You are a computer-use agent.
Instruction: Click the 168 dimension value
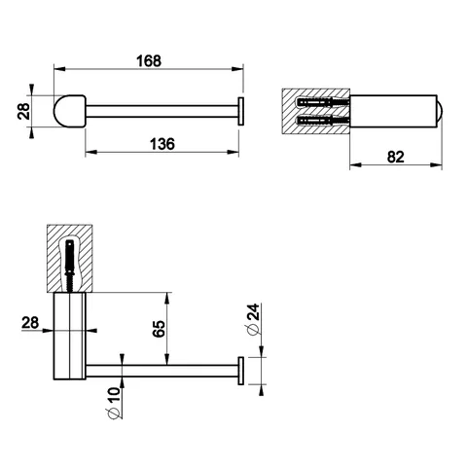click(x=149, y=60)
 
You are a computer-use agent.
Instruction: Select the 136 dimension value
click(x=162, y=144)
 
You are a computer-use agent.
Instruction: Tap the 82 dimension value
click(x=395, y=157)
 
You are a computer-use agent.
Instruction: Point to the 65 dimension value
click(x=160, y=329)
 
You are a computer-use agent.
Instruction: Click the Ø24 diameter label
click(x=253, y=319)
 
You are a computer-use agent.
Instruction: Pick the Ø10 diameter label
click(x=113, y=403)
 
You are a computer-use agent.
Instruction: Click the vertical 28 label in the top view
click(x=24, y=111)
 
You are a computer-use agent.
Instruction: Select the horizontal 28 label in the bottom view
click(x=30, y=323)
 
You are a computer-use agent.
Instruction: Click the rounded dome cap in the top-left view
click(x=69, y=111)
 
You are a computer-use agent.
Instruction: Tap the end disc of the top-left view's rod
click(x=241, y=111)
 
